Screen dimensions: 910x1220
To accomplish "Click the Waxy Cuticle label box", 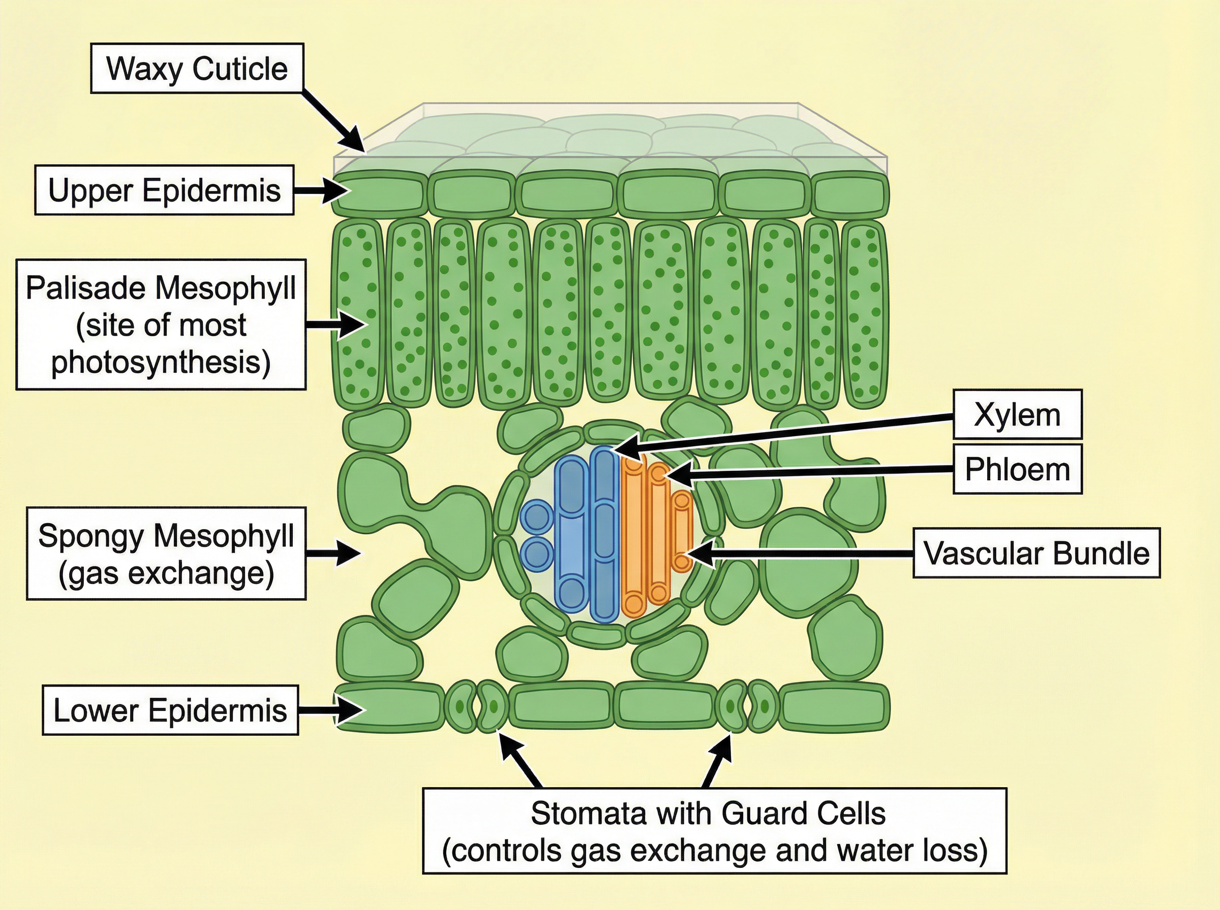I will click(x=197, y=69).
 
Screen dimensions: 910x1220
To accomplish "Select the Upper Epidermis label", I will click(x=164, y=190).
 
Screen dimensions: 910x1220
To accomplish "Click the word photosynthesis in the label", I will click(x=161, y=362).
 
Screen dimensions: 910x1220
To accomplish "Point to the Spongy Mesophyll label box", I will click(x=166, y=553).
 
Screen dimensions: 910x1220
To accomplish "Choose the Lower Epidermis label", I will click(x=170, y=710).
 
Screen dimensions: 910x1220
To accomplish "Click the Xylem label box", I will click(x=1017, y=414).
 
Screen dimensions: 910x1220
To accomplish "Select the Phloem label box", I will click(x=1017, y=469).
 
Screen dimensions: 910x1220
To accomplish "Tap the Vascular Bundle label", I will click(x=1036, y=553).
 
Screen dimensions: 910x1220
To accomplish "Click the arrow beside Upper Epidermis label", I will click(x=322, y=190).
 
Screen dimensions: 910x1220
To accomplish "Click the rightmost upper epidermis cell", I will click(x=849, y=194).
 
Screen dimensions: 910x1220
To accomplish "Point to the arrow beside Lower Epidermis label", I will click(x=331, y=710).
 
